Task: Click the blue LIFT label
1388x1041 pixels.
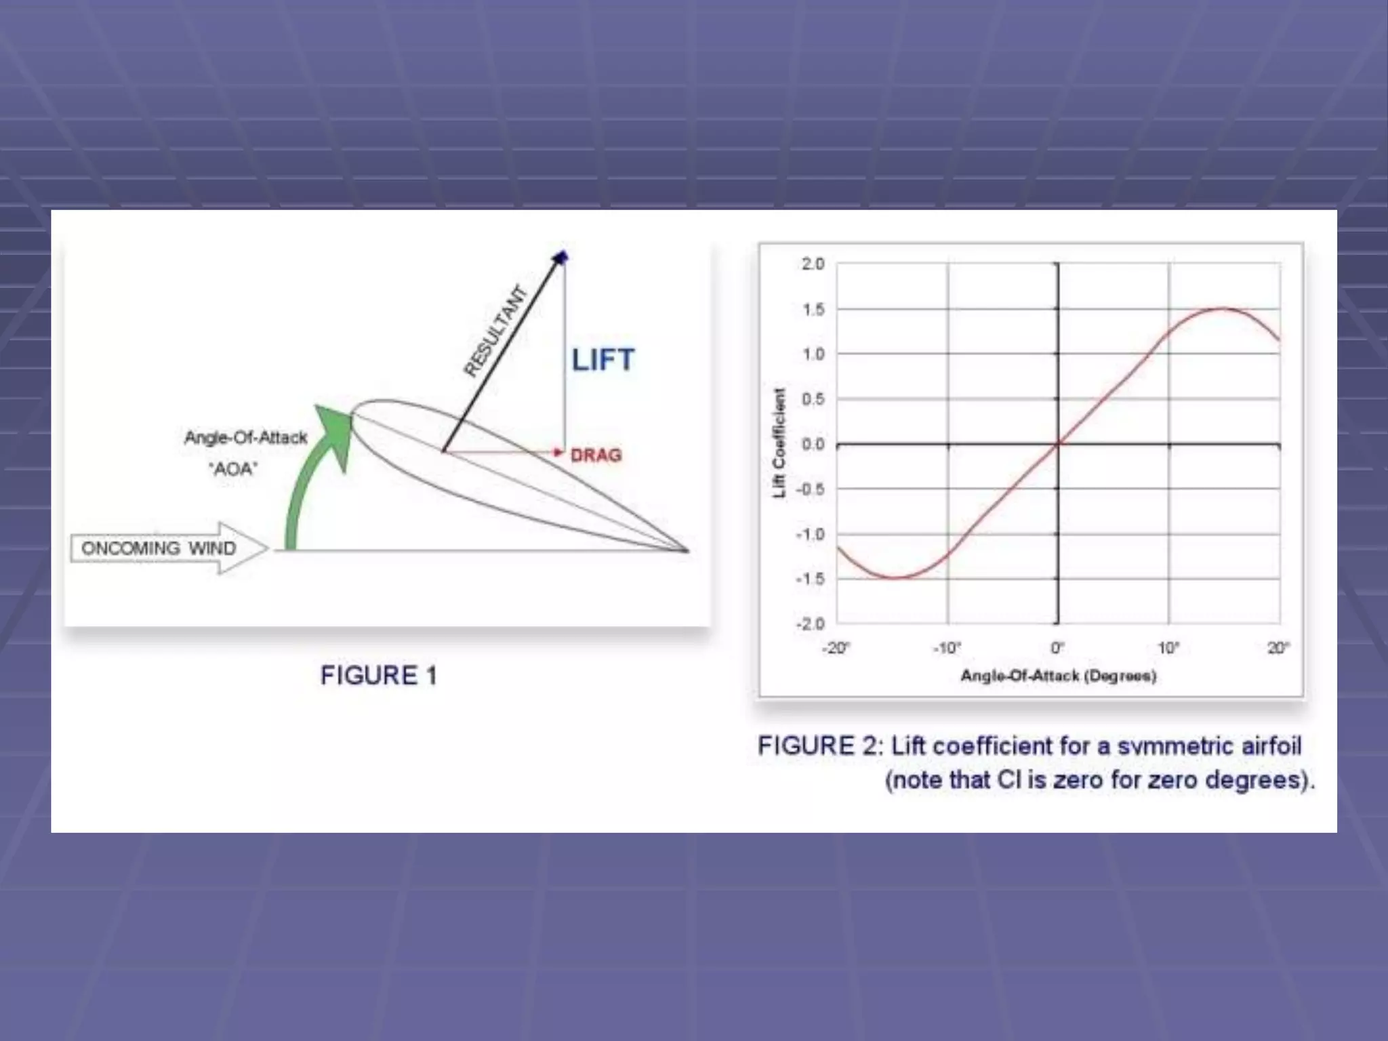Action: pyautogui.click(x=603, y=360)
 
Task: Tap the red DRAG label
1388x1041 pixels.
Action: pyautogui.click(x=596, y=455)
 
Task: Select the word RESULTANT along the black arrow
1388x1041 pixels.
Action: pyautogui.click(x=495, y=331)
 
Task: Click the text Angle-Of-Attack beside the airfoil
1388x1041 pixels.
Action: pyautogui.click(x=246, y=438)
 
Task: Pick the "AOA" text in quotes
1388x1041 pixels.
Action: pyautogui.click(x=232, y=469)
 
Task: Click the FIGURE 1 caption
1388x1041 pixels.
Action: pyautogui.click(x=378, y=676)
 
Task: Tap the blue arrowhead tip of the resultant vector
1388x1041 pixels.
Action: pyautogui.click(x=562, y=256)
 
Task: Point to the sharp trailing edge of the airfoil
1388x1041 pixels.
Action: pyautogui.click(x=687, y=550)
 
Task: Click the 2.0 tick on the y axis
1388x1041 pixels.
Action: pyautogui.click(x=813, y=264)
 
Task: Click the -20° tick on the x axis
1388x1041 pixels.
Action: pyautogui.click(x=835, y=649)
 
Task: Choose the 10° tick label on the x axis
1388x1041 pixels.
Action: pyautogui.click(x=1168, y=649)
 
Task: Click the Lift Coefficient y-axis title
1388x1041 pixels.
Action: pyautogui.click(x=779, y=443)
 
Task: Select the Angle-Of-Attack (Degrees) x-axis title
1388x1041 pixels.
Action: pyautogui.click(x=1058, y=676)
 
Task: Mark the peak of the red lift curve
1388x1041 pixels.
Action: pyautogui.click(x=1222, y=309)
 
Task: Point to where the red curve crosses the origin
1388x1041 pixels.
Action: pyautogui.click(x=1058, y=445)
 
